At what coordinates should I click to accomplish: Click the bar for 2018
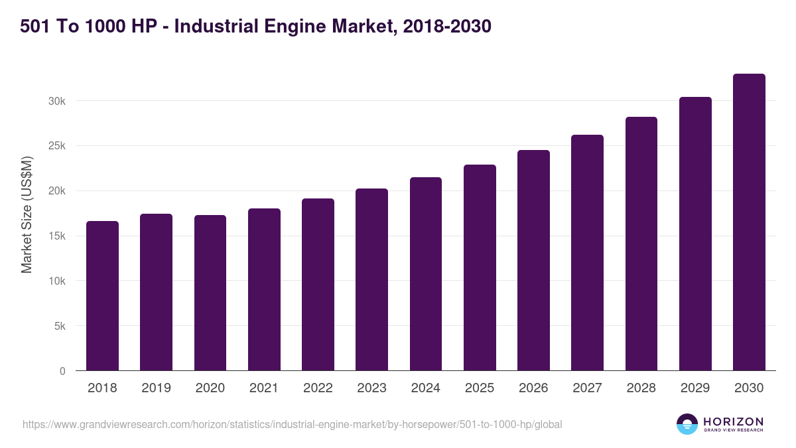pos(102,296)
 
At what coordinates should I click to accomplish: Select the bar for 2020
pos(210,293)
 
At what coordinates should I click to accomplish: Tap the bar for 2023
pos(371,279)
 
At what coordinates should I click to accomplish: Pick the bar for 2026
pos(533,260)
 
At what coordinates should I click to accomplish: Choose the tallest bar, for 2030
pos(749,222)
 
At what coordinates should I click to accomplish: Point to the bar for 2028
pos(641,244)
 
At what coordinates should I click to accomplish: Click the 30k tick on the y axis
pos(57,101)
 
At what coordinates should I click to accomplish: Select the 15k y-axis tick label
pos(57,236)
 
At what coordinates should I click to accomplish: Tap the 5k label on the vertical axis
pos(60,327)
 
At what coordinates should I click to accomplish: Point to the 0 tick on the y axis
pos(62,372)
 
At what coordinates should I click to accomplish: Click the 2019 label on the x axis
pos(156,388)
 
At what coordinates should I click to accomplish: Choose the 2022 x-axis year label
pos(318,388)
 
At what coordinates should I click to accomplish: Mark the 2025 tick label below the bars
pos(480,388)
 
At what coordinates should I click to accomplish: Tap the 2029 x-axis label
pos(695,388)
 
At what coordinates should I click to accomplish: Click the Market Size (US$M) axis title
pos(27,215)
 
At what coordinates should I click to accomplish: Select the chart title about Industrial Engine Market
pos(255,27)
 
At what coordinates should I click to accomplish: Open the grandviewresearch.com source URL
pos(292,424)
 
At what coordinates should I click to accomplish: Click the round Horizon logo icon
pos(687,424)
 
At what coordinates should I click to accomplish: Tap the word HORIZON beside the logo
pos(733,421)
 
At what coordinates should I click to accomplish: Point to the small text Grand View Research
pos(733,431)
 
